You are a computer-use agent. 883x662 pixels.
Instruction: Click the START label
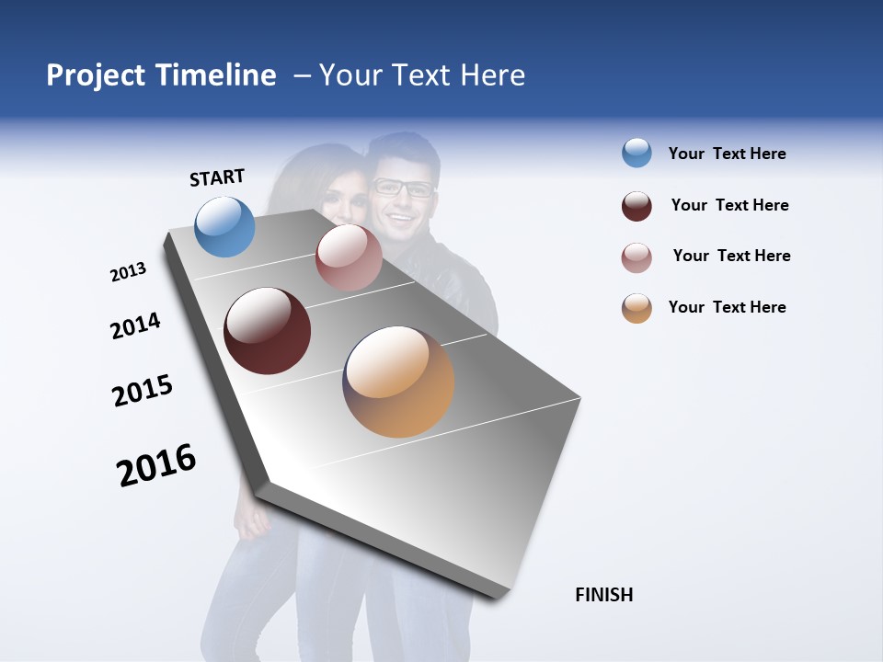pos(217,177)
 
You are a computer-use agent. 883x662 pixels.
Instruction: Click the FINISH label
pos(603,595)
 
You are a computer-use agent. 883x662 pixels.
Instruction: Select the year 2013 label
pos(128,272)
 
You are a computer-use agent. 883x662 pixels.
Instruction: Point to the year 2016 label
pos(156,465)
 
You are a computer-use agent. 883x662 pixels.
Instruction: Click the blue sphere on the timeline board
pos(225,227)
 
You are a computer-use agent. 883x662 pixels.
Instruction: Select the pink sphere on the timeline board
pos(349,257)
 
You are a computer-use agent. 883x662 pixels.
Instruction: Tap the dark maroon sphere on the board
pos(267,331)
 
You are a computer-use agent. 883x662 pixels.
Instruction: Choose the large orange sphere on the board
pos(398,382)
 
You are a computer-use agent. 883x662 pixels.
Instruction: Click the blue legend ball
pos(636,154)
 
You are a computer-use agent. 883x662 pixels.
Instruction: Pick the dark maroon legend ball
pos(636,206)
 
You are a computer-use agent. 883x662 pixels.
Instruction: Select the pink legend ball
pos(636,257)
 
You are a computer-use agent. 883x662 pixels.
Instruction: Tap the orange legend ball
pos(636,308)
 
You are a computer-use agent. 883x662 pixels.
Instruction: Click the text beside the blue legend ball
pos(727,154)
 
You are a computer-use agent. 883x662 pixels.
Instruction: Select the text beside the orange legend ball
pos(727,307)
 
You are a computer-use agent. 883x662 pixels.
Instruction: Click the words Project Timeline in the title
pos(161,75)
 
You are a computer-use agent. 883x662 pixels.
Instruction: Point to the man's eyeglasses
pos(402,188)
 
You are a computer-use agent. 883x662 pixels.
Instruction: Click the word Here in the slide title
pos(492,75)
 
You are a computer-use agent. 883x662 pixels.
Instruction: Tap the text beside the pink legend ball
pos(731,256)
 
